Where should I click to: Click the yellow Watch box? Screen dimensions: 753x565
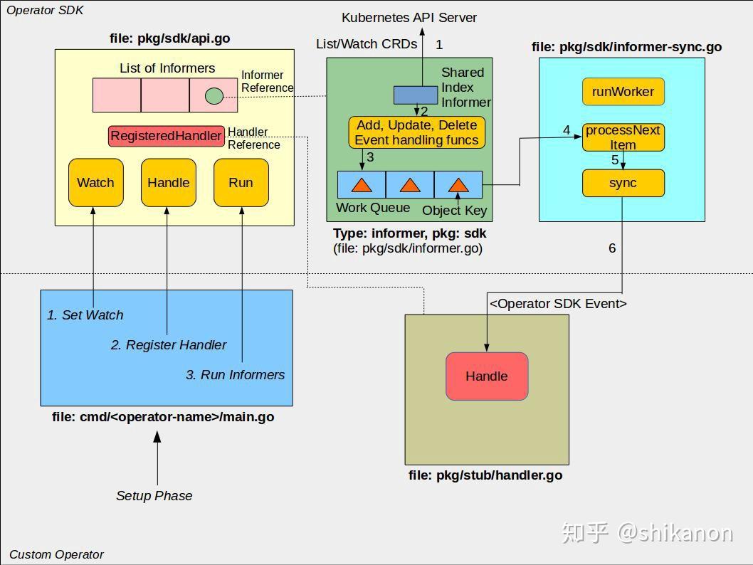click(95, 182)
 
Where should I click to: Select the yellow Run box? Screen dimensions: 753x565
click(241, 182)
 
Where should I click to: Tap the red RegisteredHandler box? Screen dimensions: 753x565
click(166, 136)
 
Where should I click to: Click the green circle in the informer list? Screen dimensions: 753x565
click(214, 96)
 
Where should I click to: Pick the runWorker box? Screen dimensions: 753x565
click(623, 92)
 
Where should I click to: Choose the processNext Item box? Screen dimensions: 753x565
click(623, 137)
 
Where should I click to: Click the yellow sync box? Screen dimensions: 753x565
click(623, 183)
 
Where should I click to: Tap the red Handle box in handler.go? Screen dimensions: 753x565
click(487, 376)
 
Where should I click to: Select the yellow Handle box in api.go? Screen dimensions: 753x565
click(169, 182)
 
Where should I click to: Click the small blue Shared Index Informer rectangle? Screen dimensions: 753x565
click(416, 95)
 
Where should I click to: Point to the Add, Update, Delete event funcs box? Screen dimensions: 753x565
click(417, 132)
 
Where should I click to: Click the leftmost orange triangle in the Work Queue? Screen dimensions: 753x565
click(362, 185)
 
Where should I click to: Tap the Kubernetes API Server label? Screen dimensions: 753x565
click(409, 18)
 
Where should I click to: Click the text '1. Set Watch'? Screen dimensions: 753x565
click(85, 315)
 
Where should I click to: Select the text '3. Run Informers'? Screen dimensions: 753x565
click(236, 374)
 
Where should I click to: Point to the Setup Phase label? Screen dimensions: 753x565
click(154, 495)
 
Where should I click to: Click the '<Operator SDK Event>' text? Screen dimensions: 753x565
click(558, 303)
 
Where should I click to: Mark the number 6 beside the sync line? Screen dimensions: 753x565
click(612, 248)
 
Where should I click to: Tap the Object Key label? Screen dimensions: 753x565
click(455, 210)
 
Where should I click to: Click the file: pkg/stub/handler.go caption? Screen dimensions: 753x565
click(485, 475)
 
